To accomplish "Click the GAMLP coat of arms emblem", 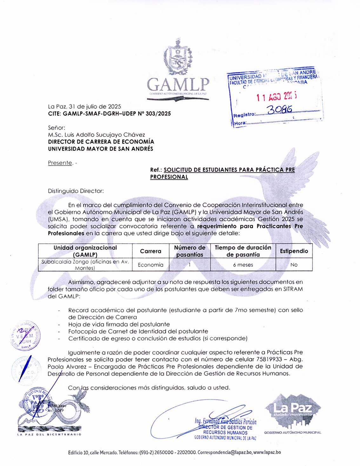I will [178, 58].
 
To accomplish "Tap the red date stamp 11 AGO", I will [277, 96].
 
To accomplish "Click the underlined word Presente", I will [60, 163].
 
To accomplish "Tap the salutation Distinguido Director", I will [76, 191].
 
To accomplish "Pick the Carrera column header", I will [150, 251].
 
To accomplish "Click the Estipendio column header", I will [294, 251].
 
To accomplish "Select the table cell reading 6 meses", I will [243, 265].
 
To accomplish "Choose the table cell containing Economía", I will [150, 265].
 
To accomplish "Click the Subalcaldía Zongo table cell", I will [85, 265].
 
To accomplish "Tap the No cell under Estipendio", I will [294, 265].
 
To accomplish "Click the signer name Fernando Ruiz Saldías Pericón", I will [226, 422].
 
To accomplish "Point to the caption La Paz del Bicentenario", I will [49, 434].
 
